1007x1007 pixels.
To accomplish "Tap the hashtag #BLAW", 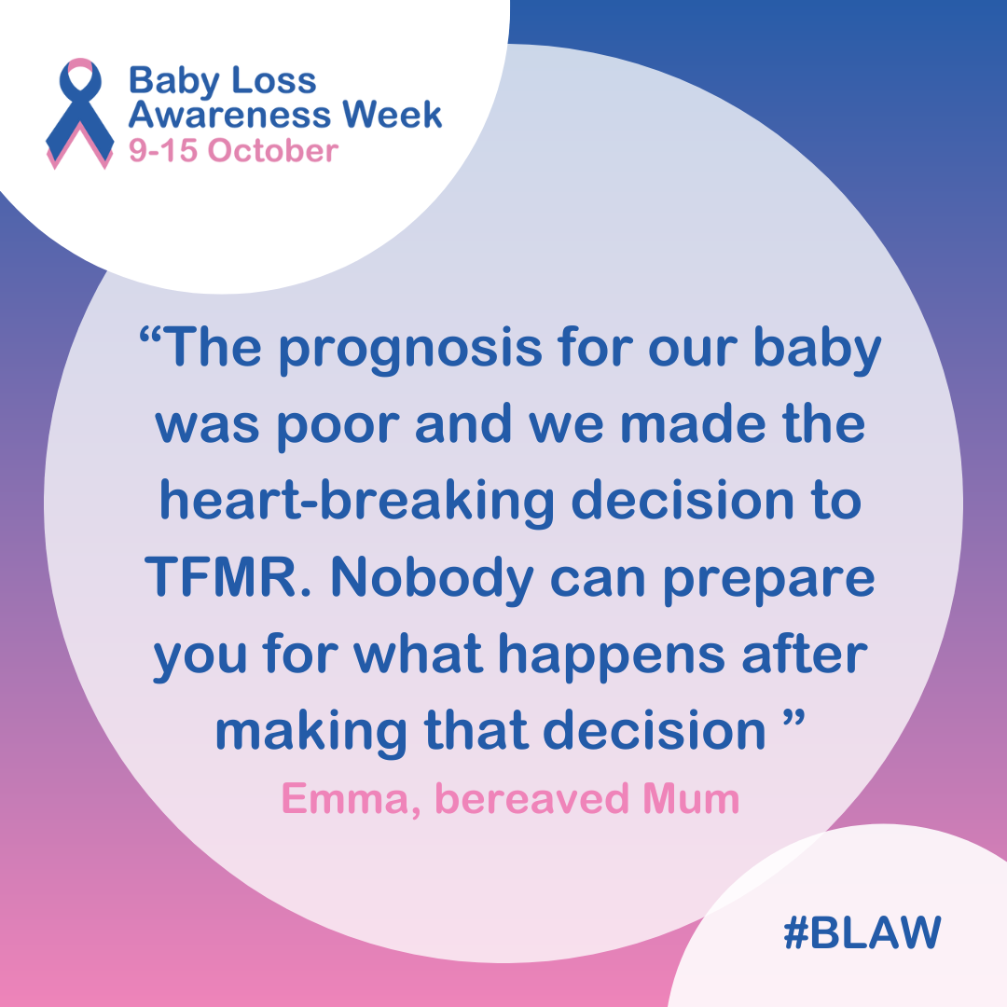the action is (862, 931).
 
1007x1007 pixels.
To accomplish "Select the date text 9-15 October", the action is (233, 151).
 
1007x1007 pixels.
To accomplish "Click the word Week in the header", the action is (392, 115).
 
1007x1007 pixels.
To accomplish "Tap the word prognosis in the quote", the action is (410, 350).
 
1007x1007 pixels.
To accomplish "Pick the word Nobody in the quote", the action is (432, 579).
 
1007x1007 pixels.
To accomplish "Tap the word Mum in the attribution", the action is (691, 799).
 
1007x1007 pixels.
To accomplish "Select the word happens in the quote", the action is (612, 656).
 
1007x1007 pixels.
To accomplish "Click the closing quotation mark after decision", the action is (794, 718).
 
